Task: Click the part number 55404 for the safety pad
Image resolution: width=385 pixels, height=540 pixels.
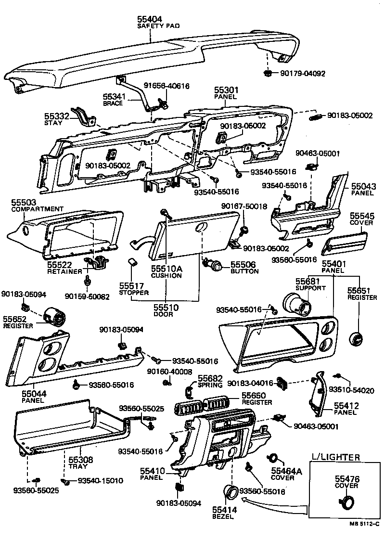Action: point(150,19)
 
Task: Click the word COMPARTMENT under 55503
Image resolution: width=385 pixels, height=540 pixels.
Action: point(37,209)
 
